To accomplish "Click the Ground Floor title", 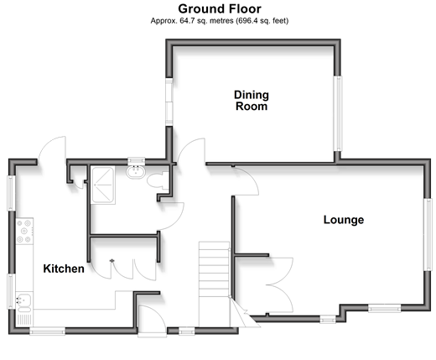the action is click(x=220, y=9).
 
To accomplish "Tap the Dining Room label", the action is click(x=252, y=101).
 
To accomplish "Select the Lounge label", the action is click(x=344, y=220).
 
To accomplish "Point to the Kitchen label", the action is click(x=64, y=269).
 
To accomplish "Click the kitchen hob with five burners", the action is click(x=24, y=232).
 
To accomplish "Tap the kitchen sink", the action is click(x=24, y=302).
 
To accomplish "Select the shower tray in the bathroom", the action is click(x=103, y=185).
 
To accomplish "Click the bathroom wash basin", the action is click(x=136, y=172).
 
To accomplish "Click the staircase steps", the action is click(x=214, y=284).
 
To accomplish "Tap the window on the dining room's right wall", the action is click(x=338, y=113).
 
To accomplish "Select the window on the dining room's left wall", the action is click(x=169, y=102).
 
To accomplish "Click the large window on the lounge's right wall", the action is click(x=428, y=234).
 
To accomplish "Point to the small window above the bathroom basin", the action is click(x=137, y=161).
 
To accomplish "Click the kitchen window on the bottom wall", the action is click(x=48, y=331).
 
